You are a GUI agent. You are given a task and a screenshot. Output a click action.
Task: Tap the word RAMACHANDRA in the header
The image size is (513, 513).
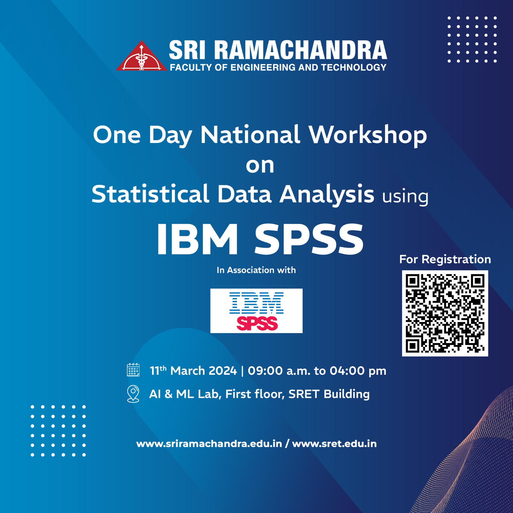[x=300, y=50]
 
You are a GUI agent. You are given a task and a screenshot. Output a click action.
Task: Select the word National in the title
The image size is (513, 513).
[x=250, y=135]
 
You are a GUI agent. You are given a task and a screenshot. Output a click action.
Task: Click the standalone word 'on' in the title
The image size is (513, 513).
[x=260, y=166]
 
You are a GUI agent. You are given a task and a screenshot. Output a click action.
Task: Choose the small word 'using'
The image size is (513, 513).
[x=405, y=197]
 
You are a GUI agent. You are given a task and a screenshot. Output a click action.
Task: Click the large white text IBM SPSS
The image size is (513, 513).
[x=260, y=239]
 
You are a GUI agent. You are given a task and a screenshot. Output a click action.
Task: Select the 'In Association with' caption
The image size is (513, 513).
[x=256, y=270]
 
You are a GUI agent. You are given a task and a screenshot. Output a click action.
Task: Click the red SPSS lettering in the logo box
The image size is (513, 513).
[x=257, y=324]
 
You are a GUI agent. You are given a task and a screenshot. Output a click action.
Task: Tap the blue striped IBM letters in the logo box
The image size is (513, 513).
[x=256, y=303]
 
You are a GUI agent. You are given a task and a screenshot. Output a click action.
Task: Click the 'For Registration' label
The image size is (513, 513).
[x=445, y=259]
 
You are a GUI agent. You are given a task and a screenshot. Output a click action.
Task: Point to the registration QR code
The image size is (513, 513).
[x=445, y=313]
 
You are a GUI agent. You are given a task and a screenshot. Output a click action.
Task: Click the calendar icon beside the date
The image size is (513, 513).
[x=133, y=370]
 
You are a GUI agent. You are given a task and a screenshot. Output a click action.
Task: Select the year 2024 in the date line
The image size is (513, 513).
[x=223, y=371]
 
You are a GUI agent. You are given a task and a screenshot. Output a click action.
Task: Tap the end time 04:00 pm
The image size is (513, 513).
[x=358, y=371]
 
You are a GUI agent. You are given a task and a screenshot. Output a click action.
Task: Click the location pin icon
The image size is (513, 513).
[x=133, y=394]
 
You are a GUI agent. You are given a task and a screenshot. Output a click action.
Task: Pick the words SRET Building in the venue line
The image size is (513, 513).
[x=329, y=394]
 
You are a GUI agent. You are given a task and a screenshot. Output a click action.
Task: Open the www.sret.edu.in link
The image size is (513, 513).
[x=334, y=444]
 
